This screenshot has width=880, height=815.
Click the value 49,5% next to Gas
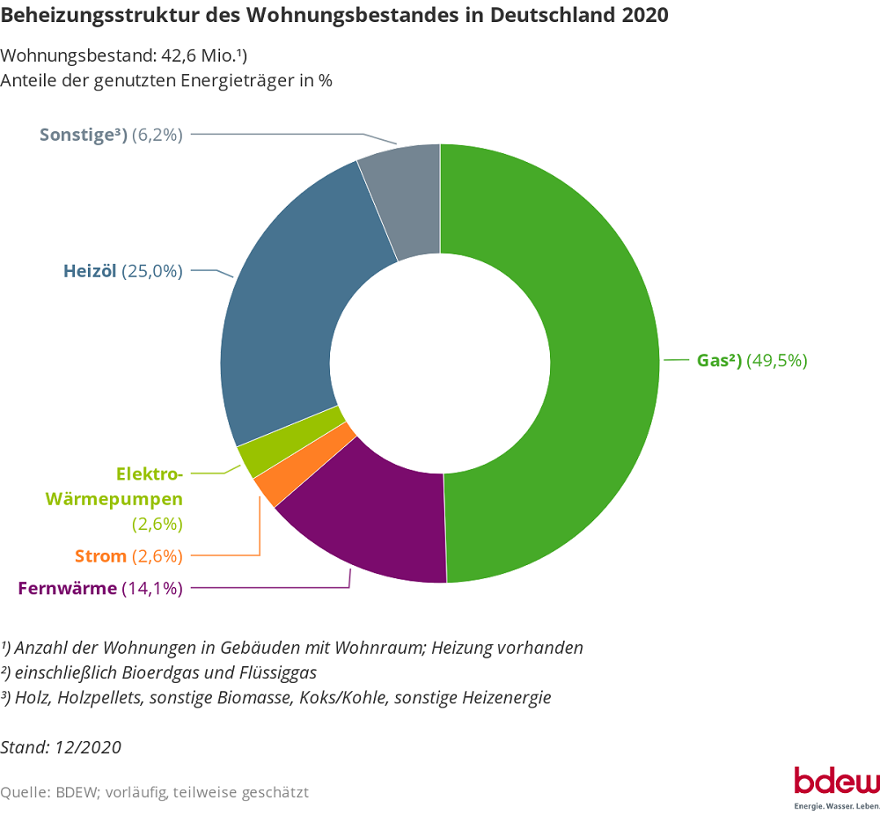[777, 360]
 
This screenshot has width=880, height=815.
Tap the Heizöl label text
[90, 271]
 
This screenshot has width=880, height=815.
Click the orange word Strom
[100, 556]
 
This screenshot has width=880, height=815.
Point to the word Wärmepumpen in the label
[114, 499]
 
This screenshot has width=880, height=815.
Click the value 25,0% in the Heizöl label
[152, 271]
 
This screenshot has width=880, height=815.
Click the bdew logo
[836, 782]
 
